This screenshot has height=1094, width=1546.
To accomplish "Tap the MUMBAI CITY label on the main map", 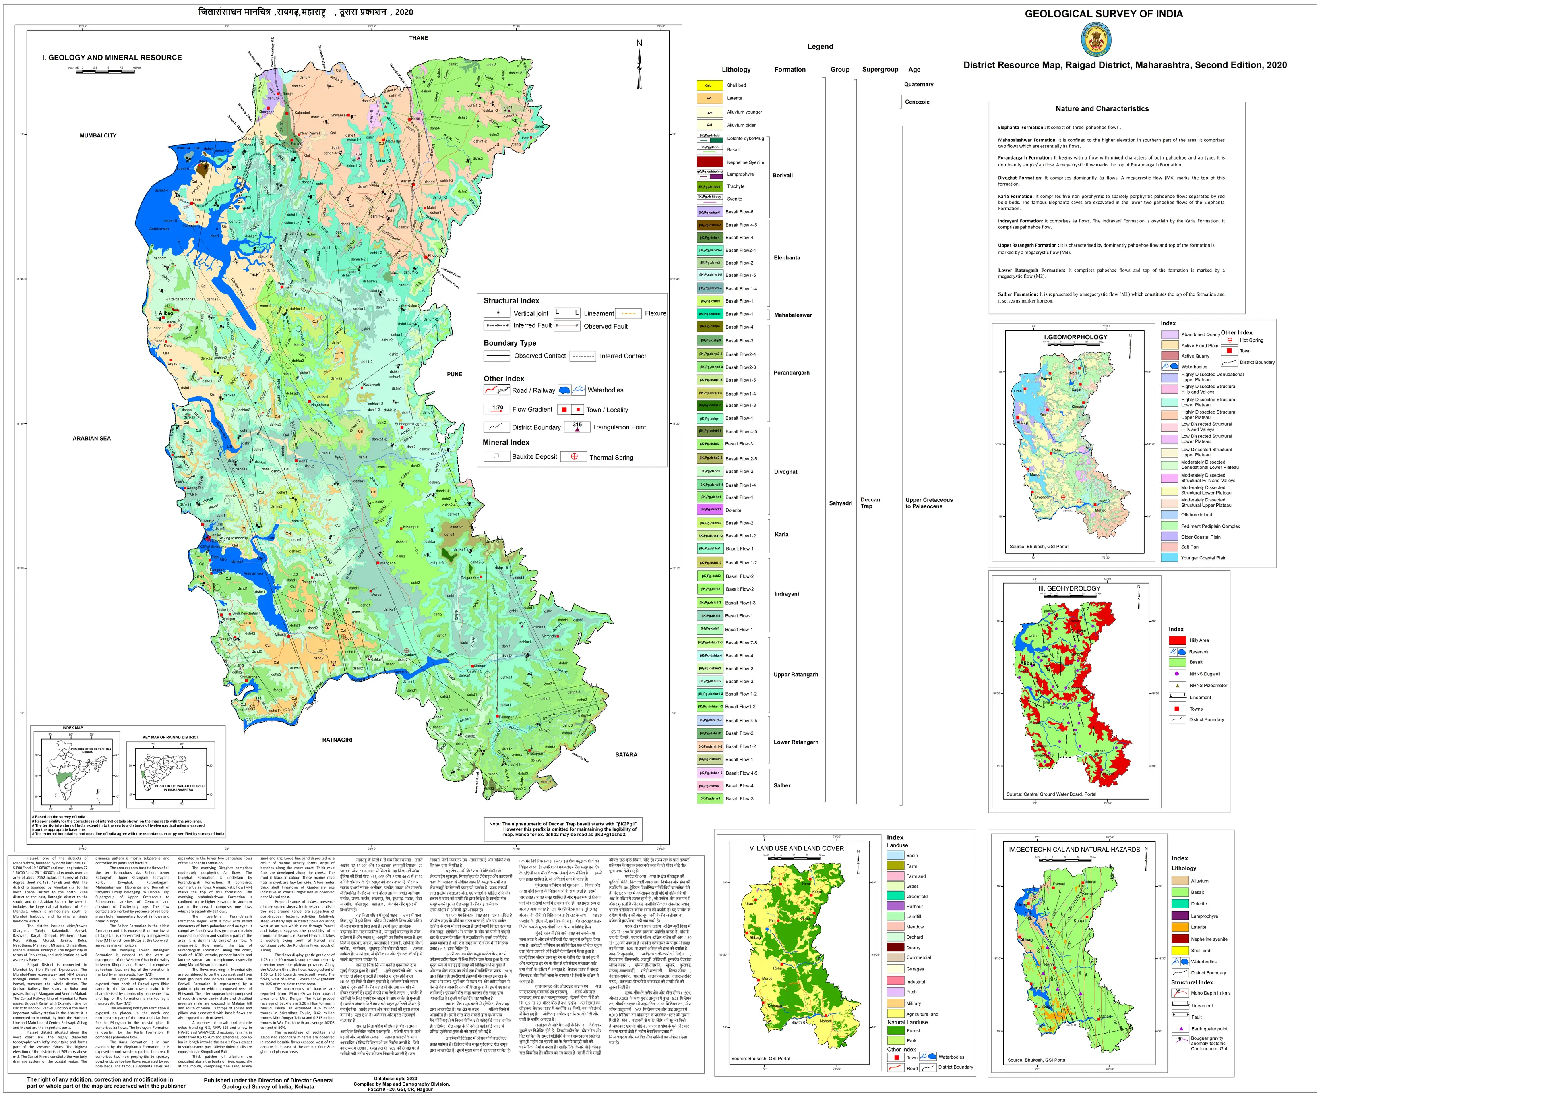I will click(98, 135).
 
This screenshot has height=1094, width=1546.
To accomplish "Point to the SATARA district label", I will click(626, 754).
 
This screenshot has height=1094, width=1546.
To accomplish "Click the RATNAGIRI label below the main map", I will click(337, 740).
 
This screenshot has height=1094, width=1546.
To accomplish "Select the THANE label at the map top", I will click(418, 38).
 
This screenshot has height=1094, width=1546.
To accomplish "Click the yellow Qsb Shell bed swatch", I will click(709, 85).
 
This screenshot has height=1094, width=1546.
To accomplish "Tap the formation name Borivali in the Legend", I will click(782, 175).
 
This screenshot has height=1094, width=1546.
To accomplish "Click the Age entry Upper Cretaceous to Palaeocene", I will click(928, 503).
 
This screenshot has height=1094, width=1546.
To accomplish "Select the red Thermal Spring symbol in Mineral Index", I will click(575, 456).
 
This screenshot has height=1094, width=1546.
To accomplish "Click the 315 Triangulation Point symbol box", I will click(577, 427).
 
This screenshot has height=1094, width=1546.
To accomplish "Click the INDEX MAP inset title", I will click(73, 727).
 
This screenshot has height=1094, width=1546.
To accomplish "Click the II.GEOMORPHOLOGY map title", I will click(1075, 337).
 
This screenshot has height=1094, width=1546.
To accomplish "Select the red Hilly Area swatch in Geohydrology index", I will click(1177, 640).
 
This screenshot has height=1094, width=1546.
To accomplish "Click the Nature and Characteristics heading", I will click(1102, 108).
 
